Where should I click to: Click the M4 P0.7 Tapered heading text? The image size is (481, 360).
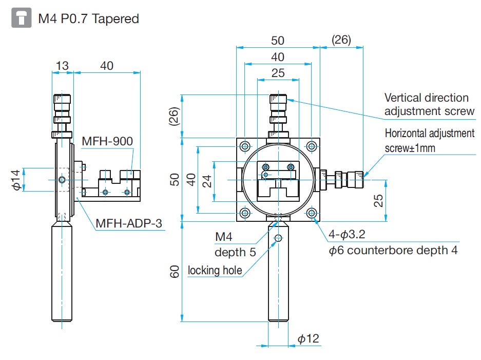pos(88,19)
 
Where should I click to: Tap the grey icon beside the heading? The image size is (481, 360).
pos(21,19)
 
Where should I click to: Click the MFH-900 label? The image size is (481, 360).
pos(107,141)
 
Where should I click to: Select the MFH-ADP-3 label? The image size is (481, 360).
pos(129,224)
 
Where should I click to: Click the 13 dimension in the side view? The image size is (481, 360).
pos(62,65)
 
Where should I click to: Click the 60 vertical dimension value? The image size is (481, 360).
pos(174,271)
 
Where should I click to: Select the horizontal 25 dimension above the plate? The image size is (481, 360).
pos(278,73)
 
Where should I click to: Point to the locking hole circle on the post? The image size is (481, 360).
pos(278,238)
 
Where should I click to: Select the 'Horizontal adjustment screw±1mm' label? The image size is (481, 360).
pos(429,140)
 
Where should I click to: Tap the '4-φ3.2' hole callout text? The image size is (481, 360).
pos(347,236)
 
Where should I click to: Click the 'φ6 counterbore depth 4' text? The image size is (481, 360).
pos(393,250)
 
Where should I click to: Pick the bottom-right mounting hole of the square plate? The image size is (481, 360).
pos(312,213)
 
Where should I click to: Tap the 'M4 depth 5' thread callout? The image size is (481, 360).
pos(234,244)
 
